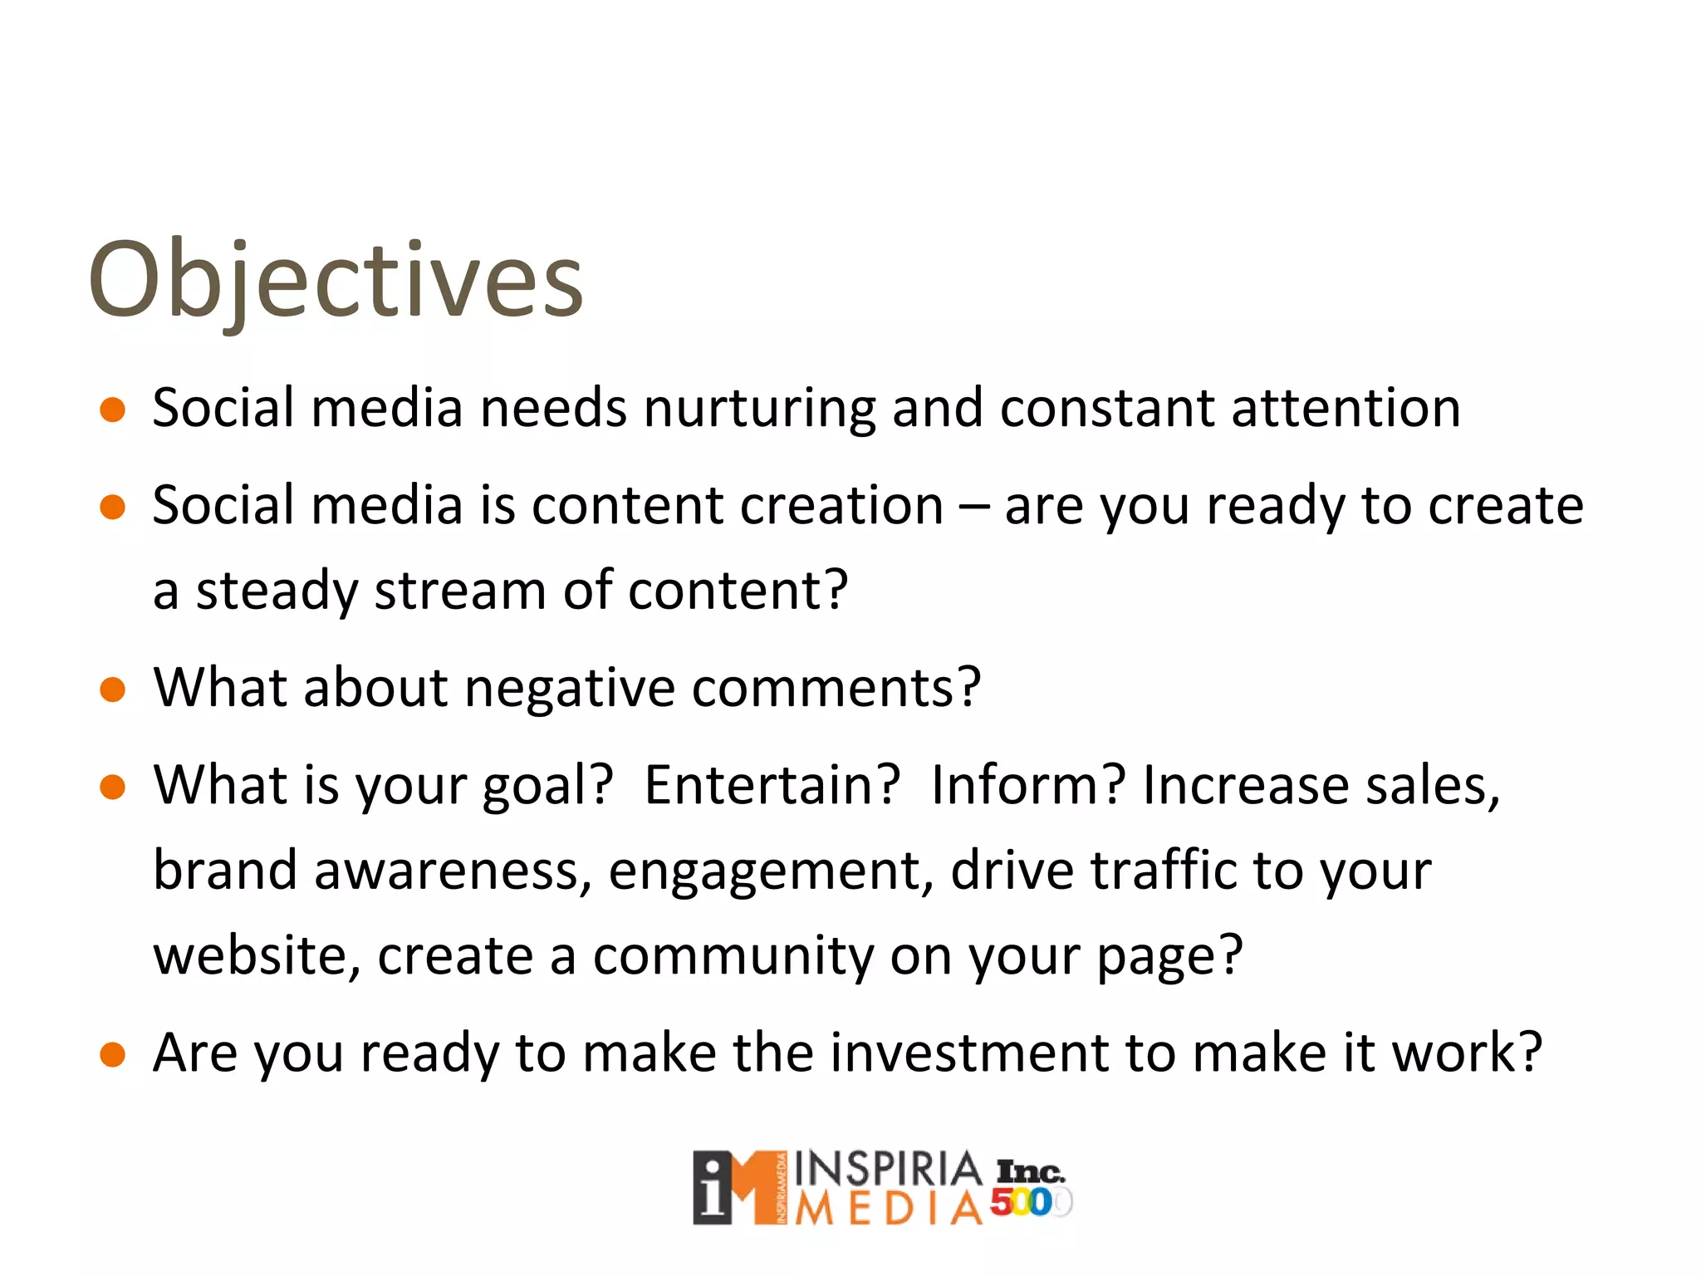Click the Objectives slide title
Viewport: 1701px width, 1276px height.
(x=336, y=280)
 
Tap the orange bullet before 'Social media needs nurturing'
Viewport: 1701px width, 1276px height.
(x=112, y=410)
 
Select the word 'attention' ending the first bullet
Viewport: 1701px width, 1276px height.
(x=1346, y=409)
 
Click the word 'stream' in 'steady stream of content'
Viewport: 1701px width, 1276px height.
(x=461, y=591)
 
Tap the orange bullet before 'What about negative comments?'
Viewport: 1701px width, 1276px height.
(x=112, y=690)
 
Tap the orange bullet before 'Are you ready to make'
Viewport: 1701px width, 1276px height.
(x=112, y=1055)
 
